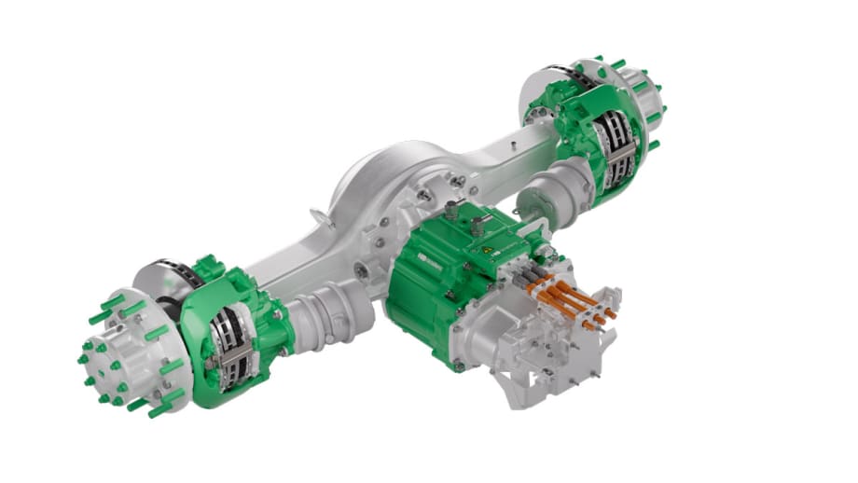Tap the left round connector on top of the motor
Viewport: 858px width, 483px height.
pyautogui.click(x=452, y=211)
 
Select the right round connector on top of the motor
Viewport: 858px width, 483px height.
pyautogui.click(x=480, y=221)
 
